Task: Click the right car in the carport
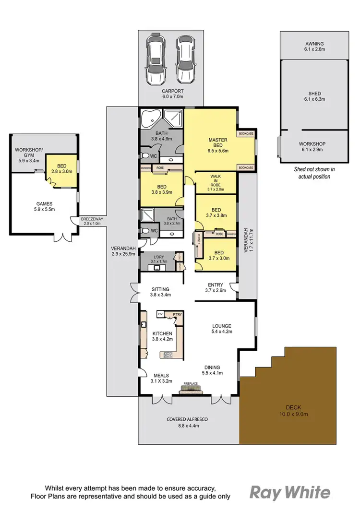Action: coord(184,58)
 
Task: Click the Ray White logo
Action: coord(290,492)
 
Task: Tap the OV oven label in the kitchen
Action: coord(161,314)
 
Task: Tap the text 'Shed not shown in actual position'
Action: coord(314,172)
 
